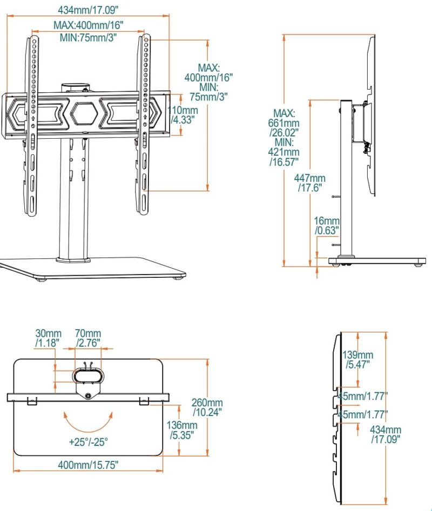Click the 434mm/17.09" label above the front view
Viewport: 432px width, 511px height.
coord(88,10)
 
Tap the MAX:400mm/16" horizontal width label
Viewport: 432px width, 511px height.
coord(89,25)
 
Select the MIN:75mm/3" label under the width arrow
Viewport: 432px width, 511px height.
coord(88,37)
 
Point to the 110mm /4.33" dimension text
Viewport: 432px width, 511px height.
coord(183,115)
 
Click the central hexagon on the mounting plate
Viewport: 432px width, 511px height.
coord(84,113)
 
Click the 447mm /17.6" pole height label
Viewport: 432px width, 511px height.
coord(310,182)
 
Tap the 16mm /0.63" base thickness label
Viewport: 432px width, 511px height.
coord(327,226)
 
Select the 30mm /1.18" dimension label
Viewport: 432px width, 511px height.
coord(48,338)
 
